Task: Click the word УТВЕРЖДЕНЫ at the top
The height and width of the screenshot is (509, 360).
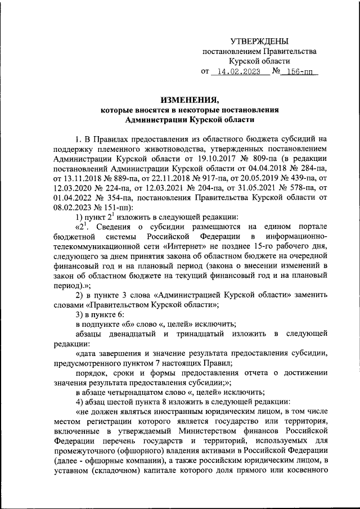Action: tap(259, 40)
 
